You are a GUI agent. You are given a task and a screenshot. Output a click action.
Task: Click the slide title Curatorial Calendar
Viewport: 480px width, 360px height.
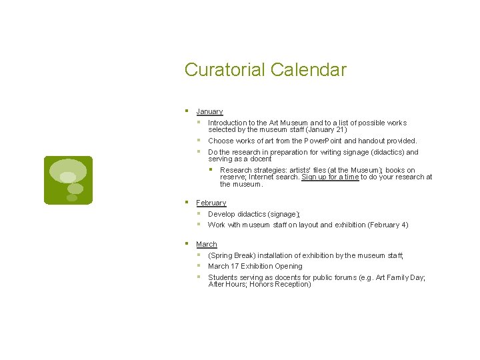point(265,69)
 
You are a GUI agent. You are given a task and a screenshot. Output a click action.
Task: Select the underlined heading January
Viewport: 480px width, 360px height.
point(209,111)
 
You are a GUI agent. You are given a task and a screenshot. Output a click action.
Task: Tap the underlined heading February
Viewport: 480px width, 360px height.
point(211,203)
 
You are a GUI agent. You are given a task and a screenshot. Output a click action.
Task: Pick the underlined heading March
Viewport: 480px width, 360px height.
point(207,245)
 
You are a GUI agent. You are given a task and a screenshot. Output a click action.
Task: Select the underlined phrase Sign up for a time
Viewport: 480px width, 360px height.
point(330,177)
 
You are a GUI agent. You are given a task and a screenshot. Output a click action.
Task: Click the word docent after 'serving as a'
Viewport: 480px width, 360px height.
point(260,159)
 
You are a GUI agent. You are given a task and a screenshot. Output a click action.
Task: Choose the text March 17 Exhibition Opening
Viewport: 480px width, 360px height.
point(255,266)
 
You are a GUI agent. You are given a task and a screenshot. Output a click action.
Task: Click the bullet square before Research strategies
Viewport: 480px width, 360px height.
point(211,169)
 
